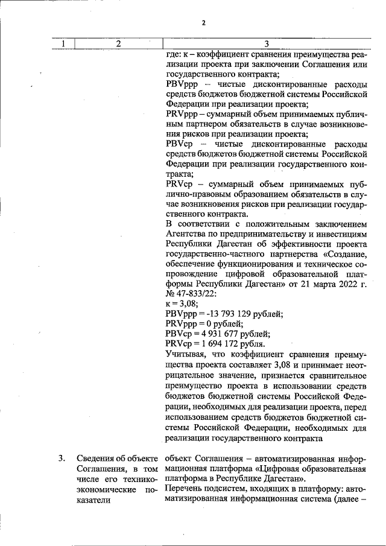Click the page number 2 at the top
click(203, 23)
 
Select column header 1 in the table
click(63, 43)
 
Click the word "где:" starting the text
click(172, 54)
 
